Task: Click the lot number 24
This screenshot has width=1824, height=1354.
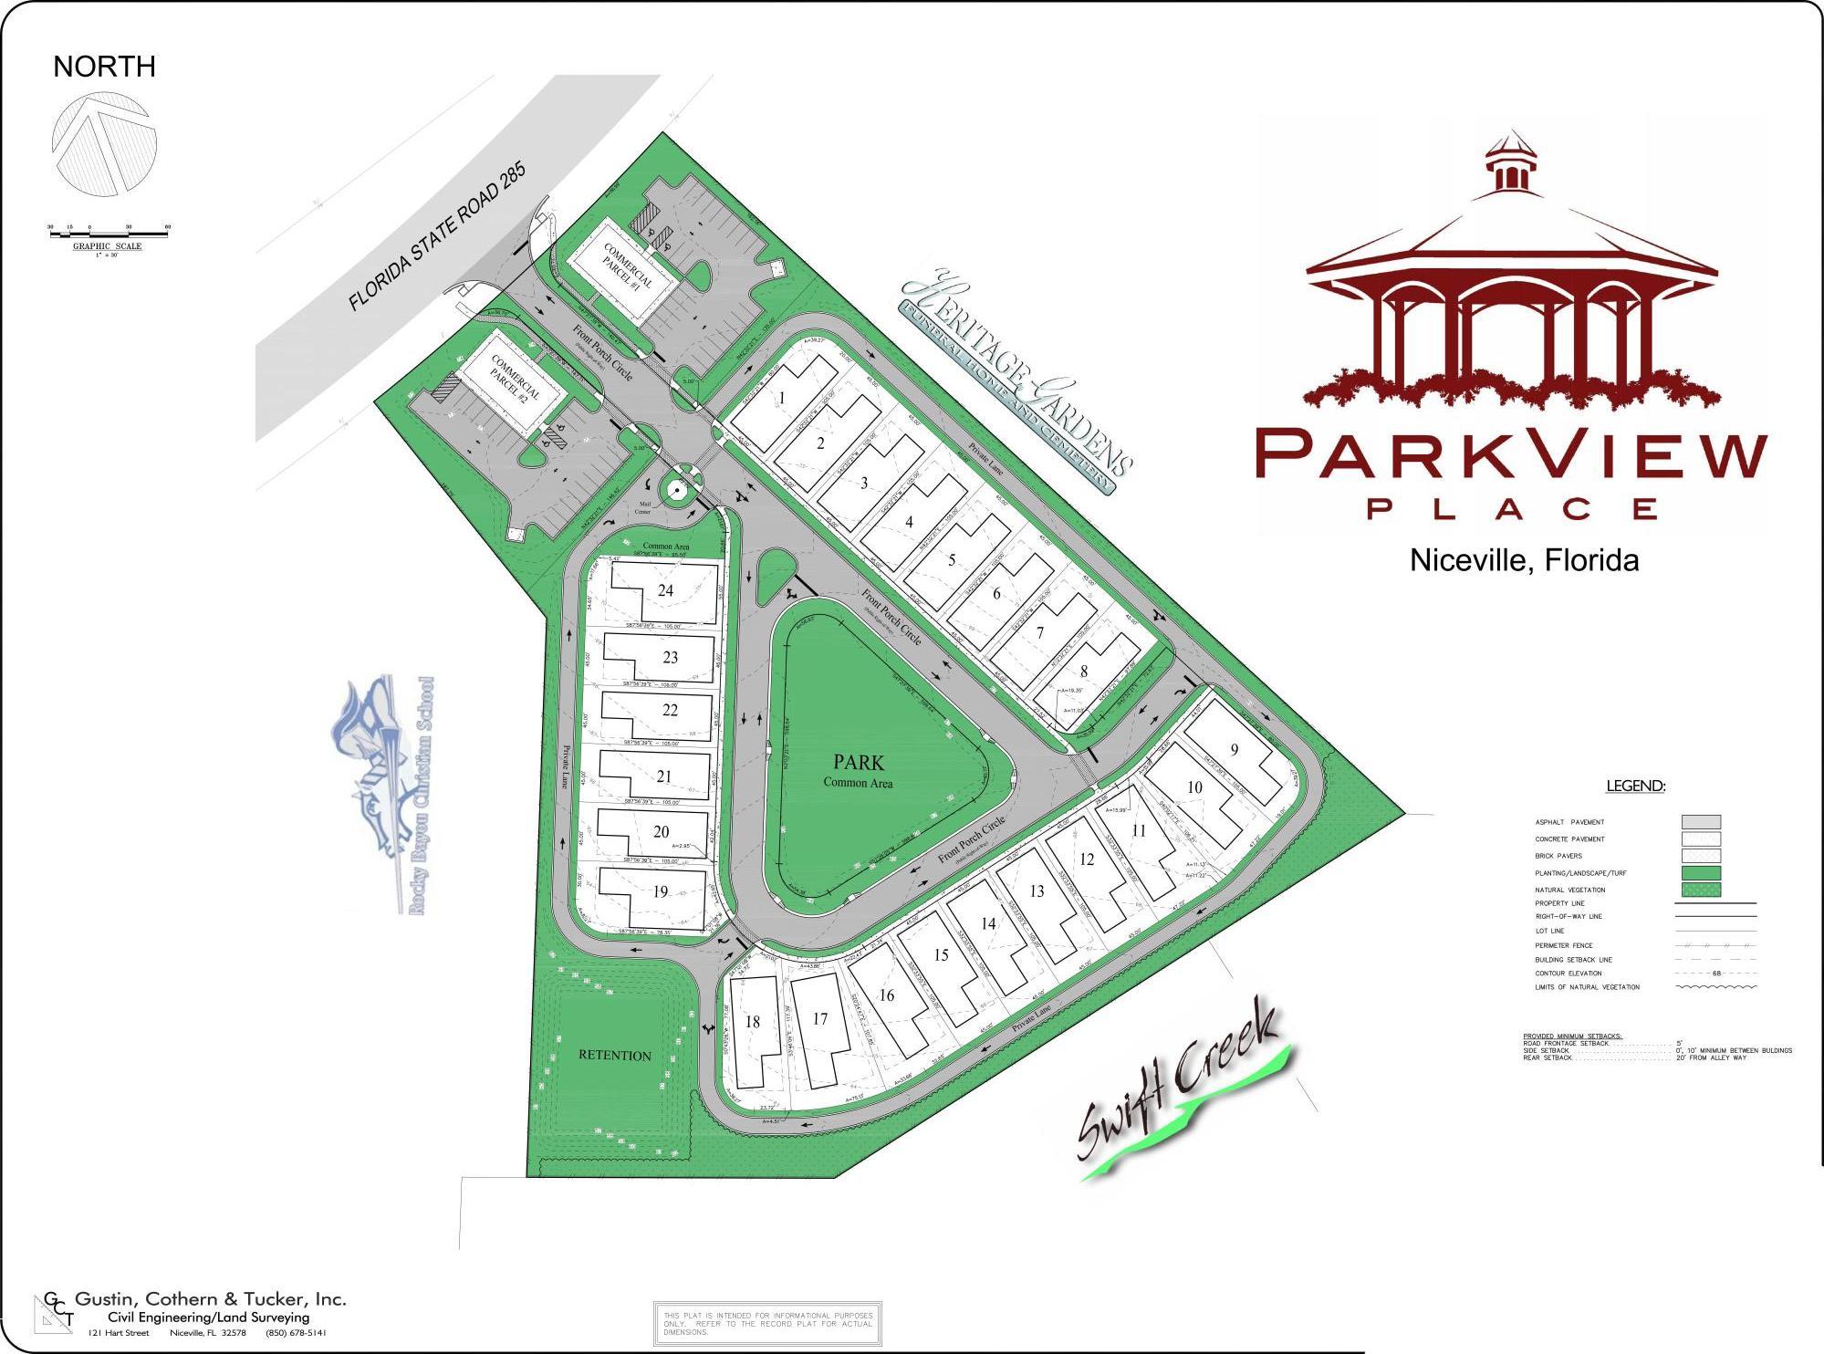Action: pos(665,590)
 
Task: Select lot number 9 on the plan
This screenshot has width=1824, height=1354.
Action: pos(1234,750)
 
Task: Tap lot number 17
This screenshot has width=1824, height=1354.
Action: pos(819,1019)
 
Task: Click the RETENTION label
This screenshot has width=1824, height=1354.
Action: pos(615,1056)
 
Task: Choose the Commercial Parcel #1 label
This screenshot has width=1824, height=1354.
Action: pos(628,266)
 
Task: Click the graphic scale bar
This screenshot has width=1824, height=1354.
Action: pos(109,235)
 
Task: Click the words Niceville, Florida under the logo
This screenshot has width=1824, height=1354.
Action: pos(1524,559)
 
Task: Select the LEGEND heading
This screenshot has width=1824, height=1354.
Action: pos(1635,786)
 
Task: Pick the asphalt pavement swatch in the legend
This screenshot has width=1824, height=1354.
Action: pos(1701,822)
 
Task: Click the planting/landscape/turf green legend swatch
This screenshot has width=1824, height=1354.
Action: pos(1701,873)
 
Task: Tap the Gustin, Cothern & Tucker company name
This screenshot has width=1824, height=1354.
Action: pos(210,1299)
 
